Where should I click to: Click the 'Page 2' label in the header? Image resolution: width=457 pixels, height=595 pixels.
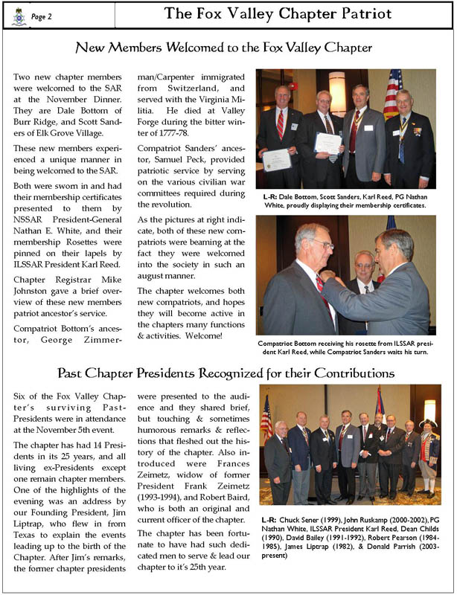(x=42, y=14)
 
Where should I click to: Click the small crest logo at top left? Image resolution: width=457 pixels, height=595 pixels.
(x=19, y=14)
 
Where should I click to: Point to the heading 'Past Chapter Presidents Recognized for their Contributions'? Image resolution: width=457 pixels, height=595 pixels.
(x=228, y=372)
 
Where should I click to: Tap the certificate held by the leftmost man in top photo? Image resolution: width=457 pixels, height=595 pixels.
(x=276, y=158)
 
